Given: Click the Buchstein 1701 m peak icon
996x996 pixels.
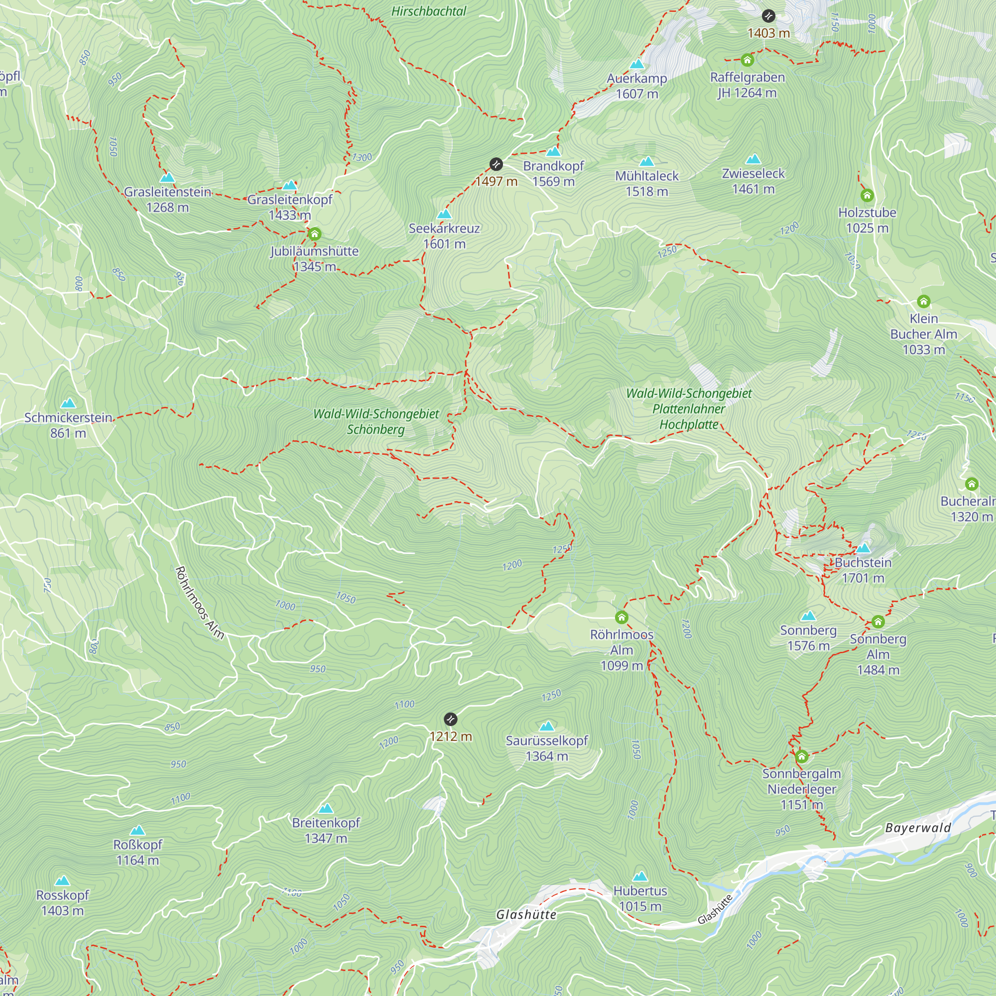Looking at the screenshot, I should (x=863, y=548).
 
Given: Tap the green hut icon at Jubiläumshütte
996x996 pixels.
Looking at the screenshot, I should (x=314, y=235).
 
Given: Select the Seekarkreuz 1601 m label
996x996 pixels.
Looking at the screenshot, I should (x=444, y=236).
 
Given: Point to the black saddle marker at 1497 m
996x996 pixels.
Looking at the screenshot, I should (x=496, y=164).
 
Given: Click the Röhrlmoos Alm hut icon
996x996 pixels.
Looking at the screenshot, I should (x=621, y=617).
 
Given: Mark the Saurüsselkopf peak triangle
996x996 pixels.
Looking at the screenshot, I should (x=546, y=727).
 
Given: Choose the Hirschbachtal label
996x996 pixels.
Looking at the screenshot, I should (x=428, y=11).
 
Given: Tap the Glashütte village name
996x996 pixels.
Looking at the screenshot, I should (x=526, y=914).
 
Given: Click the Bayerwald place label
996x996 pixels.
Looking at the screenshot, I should (x=918, y=828).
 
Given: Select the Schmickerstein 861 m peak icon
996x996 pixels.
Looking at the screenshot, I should (x=68, y=403).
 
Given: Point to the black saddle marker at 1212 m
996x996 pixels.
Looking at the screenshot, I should (x=451, y=719).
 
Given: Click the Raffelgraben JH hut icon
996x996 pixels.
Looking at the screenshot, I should (x=747, y=60).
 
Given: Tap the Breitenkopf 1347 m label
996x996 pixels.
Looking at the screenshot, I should (x=326, y=830).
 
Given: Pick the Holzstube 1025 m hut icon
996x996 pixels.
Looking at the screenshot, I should (x=867, y=195).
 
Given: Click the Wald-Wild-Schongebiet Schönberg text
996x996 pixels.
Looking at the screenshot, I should (x=376, y=421).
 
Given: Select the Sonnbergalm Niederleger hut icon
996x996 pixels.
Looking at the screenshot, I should (x=801, y=756).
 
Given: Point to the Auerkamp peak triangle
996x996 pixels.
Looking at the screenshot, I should (x=637, y=64).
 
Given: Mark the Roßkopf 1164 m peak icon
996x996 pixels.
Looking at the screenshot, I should (x=137, y=831).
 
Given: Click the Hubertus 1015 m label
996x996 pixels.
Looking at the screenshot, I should (x=640, y=898).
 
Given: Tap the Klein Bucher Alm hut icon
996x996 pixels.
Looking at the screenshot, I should (x=923, y=301).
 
